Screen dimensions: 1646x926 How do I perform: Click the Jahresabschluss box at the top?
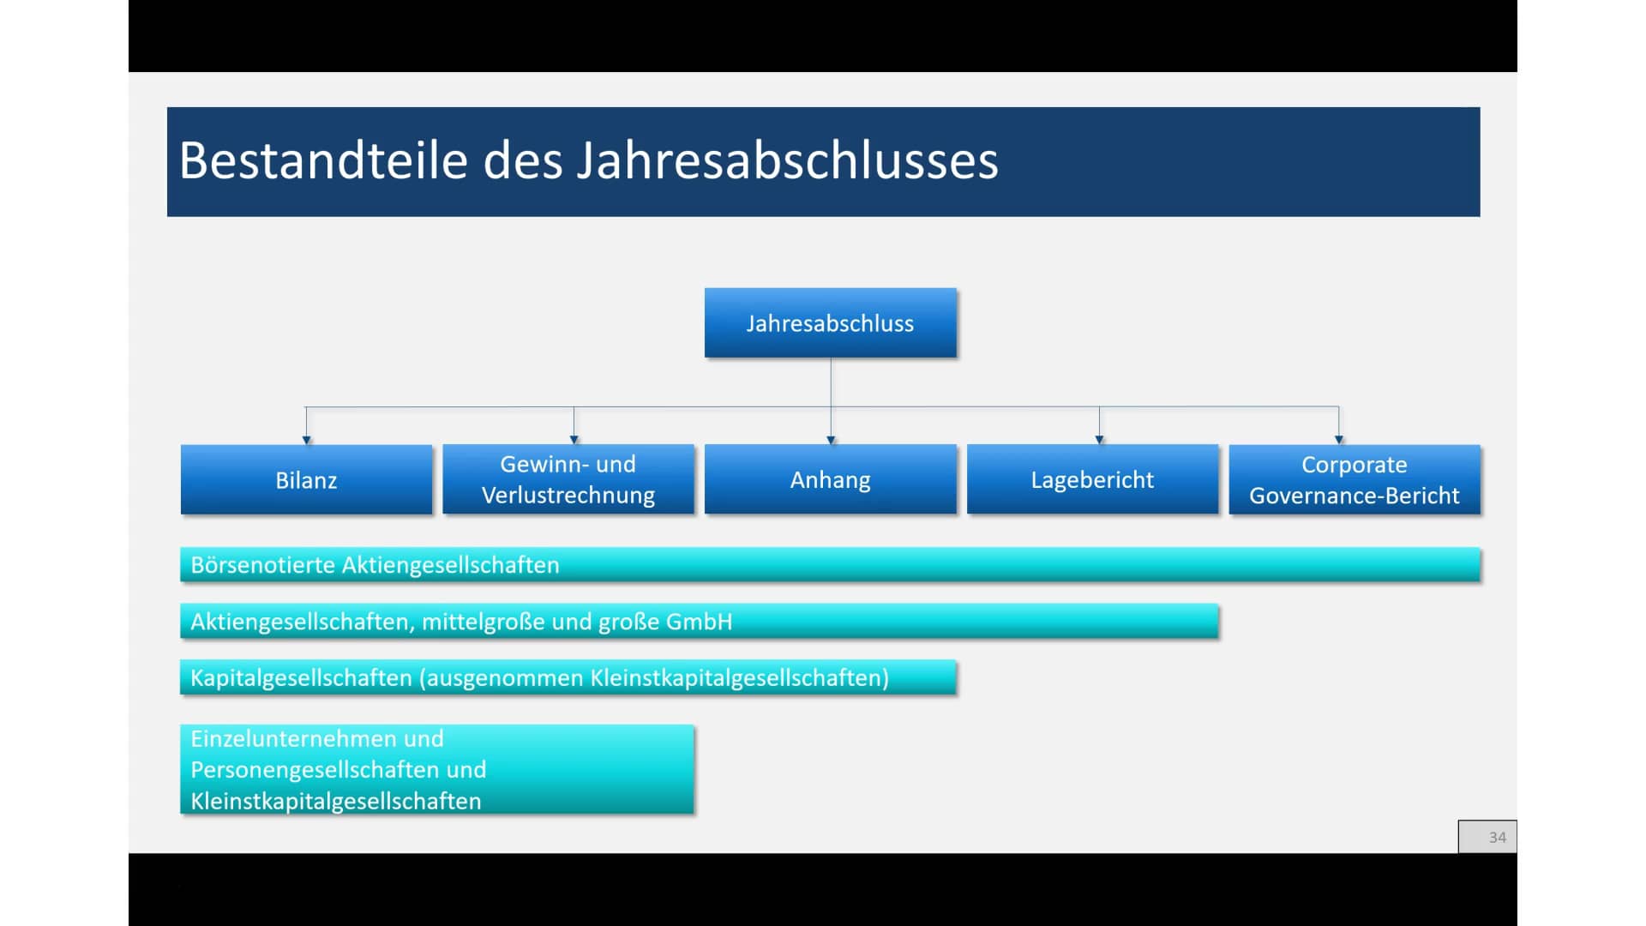coord(830,322)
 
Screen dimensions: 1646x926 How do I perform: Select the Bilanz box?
coord(306,479)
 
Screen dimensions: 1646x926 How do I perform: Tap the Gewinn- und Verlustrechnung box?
coord(568,479)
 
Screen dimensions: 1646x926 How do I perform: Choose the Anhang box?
coord(830,479)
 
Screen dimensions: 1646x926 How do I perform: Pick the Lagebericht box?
coord(1092,479)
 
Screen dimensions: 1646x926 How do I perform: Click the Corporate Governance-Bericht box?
coord(1355,479)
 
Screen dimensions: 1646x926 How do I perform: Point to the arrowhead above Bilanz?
coord(306,440)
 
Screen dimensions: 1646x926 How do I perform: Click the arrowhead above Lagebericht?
coord(1099,440)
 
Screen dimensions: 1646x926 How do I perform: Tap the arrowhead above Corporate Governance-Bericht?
coord(1338,440)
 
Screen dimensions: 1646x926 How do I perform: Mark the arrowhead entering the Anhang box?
coord(831,440)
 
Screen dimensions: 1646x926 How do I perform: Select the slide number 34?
coord(1497,837)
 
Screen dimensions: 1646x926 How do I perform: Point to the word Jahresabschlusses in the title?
coord(788,160)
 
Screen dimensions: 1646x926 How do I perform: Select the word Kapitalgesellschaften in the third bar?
coord(301,678)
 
